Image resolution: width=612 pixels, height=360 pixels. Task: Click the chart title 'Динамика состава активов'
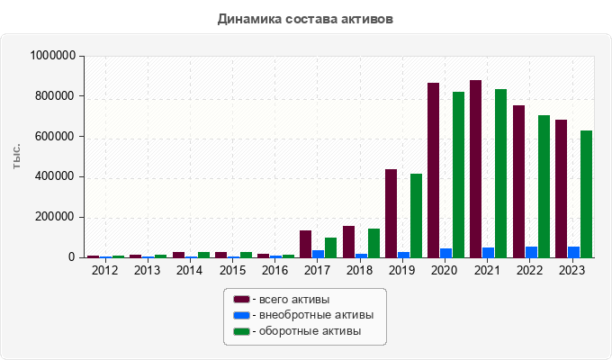[305, 18]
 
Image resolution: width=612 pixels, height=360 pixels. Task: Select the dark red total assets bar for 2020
[434, 170]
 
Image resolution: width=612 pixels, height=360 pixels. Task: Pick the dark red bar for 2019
[391, 213]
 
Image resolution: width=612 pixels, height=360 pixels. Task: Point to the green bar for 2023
[586, 194]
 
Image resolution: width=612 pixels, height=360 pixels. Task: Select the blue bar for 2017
[319, 254]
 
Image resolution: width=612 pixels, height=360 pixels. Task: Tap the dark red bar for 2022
[518, 182]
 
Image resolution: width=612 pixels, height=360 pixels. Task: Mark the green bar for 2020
[458, 175]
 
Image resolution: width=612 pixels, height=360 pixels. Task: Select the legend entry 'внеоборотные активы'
[310, 315]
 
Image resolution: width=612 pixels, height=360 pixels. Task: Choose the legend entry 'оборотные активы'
[304, 331]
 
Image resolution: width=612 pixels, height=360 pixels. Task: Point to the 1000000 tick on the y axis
[52, 56]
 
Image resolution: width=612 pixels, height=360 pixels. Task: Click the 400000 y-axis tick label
[56, 176]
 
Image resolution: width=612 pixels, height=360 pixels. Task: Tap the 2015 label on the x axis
[232, 270]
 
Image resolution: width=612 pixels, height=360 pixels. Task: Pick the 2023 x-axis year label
[572, 270]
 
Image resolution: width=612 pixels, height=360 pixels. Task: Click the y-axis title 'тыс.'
[16, 157]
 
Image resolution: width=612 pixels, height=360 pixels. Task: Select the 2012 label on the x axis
[105, 270]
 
